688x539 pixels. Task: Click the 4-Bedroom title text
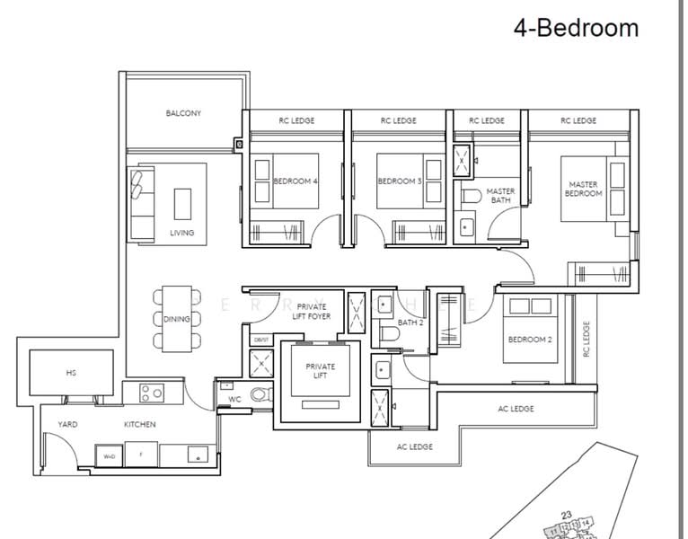(x=576, y=28)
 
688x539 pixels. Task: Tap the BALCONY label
(x=183, y=113)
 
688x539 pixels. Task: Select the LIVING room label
(x=181, y=233)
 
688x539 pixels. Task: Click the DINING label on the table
(x=176, y=319)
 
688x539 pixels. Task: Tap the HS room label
(x=70, y=371)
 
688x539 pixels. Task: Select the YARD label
(x=67, y=424)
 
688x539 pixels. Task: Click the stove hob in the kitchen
(x=151, y=392)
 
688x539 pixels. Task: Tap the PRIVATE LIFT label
(x=320, y=371)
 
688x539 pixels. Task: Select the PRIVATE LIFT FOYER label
(x=311, y=311)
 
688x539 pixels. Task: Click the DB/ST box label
(x=260, y=340)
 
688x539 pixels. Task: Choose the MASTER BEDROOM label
(x=583, y=189)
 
